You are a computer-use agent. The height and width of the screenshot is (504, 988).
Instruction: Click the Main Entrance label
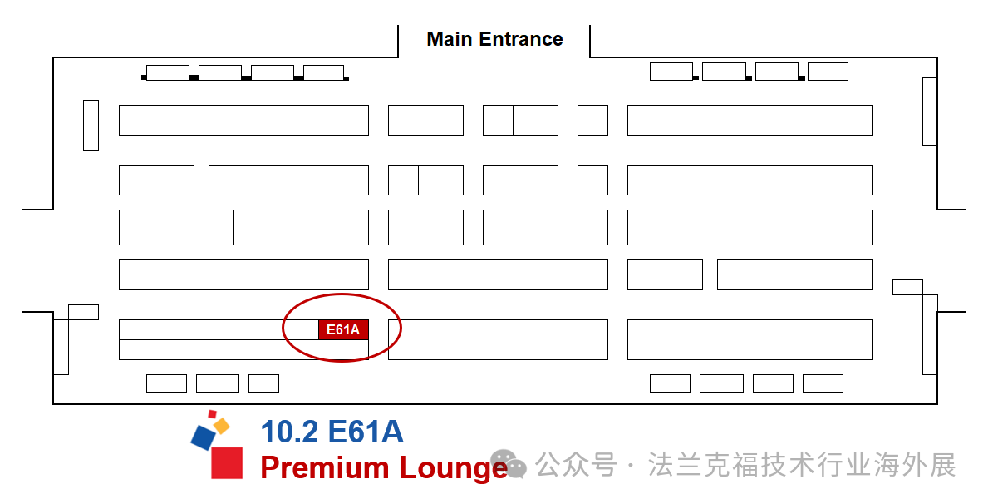click(x=494, y=39)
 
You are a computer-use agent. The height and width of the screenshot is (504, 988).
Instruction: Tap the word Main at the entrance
click(x=449, y=39)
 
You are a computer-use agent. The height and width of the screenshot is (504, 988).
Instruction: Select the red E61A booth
click(x=343, y=329)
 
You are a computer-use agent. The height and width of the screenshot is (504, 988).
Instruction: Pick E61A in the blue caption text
click(x=366, y=432)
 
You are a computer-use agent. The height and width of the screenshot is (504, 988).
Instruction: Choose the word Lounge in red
click(x=453, y=467)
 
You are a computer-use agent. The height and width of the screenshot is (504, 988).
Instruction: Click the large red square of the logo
click(x=227, y=462)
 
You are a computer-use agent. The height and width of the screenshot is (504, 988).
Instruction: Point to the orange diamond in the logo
click(x=221, y=426)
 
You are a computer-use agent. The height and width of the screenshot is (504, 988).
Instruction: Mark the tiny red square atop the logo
click(x=213, y=413)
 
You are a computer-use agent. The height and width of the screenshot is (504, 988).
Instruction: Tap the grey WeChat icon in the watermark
click(x=507, y=465)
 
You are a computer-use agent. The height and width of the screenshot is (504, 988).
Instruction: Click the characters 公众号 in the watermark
click(x=575, y=465)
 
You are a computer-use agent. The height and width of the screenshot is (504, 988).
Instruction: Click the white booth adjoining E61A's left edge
click(x=219, y=329)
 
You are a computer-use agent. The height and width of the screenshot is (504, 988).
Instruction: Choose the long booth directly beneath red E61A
click(x=243, y=349)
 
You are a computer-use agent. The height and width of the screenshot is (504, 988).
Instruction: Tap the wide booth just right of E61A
click(x=498, y=339)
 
